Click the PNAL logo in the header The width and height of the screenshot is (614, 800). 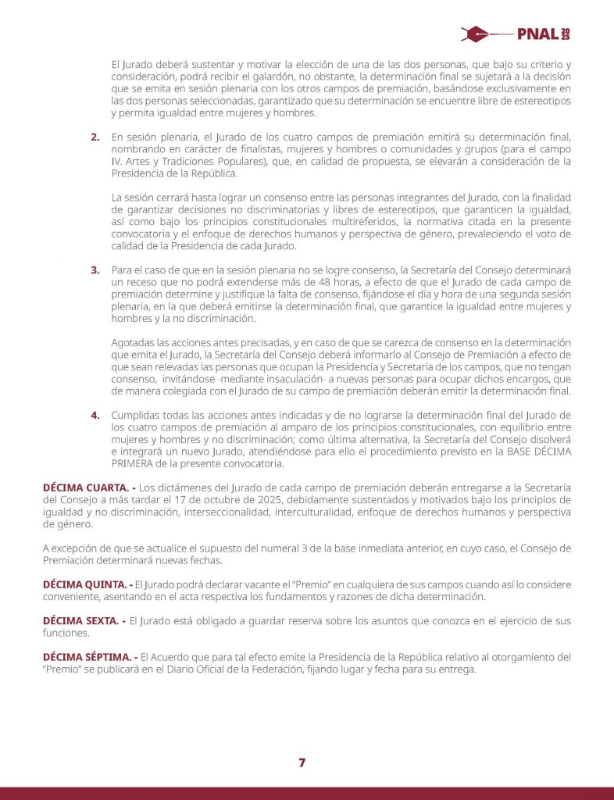(515, 34)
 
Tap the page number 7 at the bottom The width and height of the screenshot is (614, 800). (302, 762)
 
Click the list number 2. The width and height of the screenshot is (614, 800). (95, 137)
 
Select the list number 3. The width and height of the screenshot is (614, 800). (95, 270)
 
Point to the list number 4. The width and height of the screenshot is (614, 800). (95, 414)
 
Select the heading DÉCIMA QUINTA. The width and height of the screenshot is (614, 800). (82, 584)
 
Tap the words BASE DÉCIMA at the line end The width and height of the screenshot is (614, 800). (528, 452)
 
